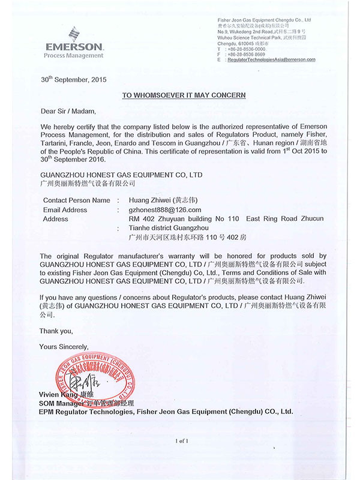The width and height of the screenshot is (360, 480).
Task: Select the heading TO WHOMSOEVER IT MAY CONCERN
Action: click(184, 95)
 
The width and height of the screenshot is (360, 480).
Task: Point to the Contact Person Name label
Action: click(77, 200)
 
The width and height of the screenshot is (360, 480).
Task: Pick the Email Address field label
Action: click(65, 210)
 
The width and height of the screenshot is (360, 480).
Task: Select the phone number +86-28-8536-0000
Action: click(252, 49)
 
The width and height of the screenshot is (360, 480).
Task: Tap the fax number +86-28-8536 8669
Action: click(252, 54)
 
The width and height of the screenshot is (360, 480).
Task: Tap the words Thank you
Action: click(56, 331)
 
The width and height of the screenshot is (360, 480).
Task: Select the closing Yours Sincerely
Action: click(64, 346)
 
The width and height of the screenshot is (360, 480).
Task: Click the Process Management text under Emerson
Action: click(74, 56)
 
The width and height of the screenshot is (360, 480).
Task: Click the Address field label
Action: click(56, 219)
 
